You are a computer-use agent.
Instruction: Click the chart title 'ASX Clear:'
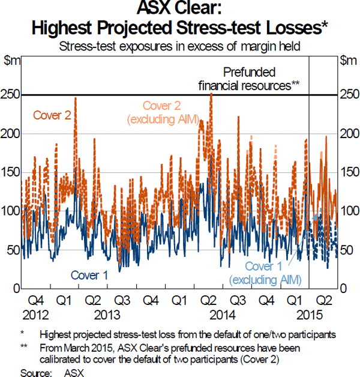pyautogui.click(x=180, y=10)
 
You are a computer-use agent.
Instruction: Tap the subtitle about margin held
pyautogui.click(x=180, y=44)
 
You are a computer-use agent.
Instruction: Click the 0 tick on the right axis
pyautogui.click(x=343, y=289)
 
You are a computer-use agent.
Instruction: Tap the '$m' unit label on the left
pyautogui.click(x=11, y=60)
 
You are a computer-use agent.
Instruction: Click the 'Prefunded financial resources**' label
pyautogui.click(x=249, y=79)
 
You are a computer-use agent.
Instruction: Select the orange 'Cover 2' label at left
pyautogui.click(x=51, y=115)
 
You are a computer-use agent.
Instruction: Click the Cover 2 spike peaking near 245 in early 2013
pyautogui.click(x=75, y=99)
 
